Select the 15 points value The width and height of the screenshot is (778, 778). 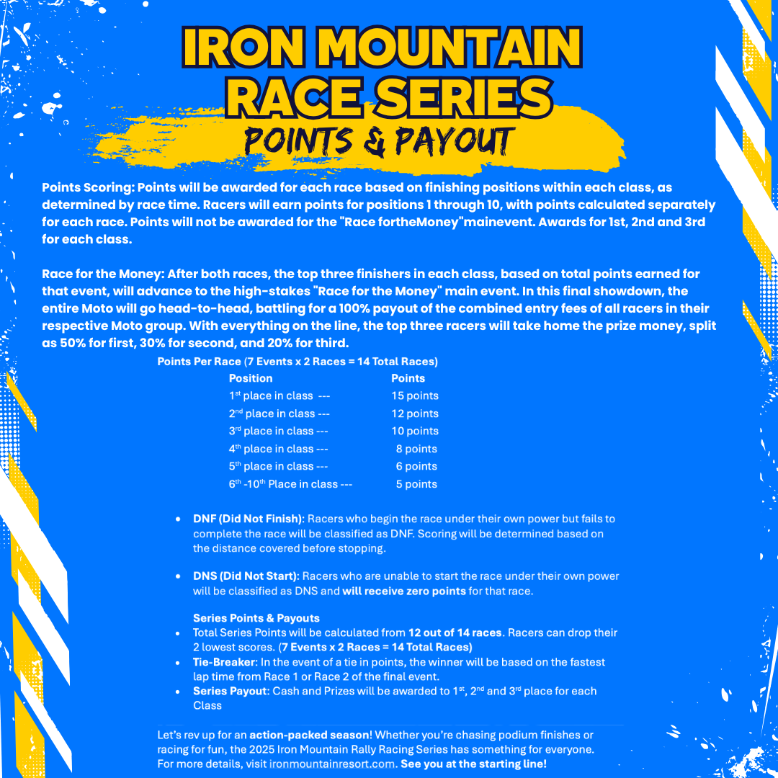click(415, 395)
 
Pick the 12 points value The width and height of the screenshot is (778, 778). click(415, 413)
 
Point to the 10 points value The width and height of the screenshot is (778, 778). click(415, 431)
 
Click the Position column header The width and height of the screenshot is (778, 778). click(251, 378)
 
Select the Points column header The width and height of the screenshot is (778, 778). click(408, 378)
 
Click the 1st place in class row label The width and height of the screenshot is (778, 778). click(271, 395)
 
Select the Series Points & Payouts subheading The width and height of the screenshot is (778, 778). click(256, 618)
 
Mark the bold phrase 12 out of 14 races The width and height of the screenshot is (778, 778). click(455, 632)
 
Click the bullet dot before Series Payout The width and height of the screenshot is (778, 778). click(178, 692)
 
